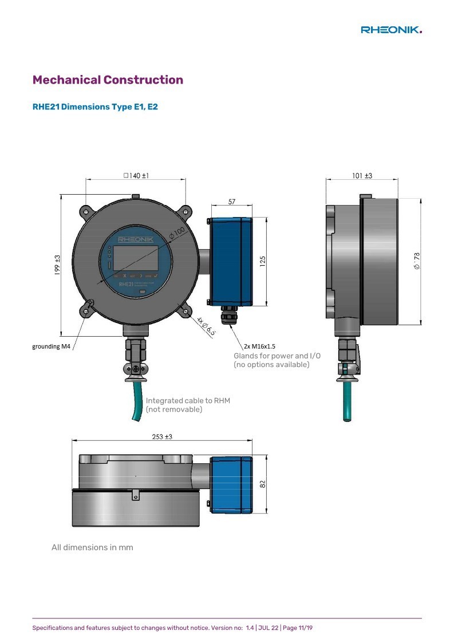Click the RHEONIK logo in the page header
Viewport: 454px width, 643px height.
pyautogui.click(x=391, y=30)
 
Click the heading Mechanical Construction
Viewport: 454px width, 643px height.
pyautogui.click(x=108, y=80)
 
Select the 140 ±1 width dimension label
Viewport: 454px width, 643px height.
pyautogui.click(x=137, y=176)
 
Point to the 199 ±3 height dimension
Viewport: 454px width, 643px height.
pyautogui.click(x=57, y=265)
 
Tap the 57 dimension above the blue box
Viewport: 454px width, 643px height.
pyautogui.click(x=232, y=202)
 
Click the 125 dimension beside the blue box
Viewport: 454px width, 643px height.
pyautogui.click(x=263, y=261)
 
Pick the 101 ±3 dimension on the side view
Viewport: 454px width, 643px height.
pyautogui.click(x=362, y=176)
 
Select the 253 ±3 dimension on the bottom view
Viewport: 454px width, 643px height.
pyautogui.click(x=162, y=437)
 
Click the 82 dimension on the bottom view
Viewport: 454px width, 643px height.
pyautogui.click(x=263, y=484)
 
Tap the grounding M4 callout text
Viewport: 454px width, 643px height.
pyautogui.click(x=52, y=346)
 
